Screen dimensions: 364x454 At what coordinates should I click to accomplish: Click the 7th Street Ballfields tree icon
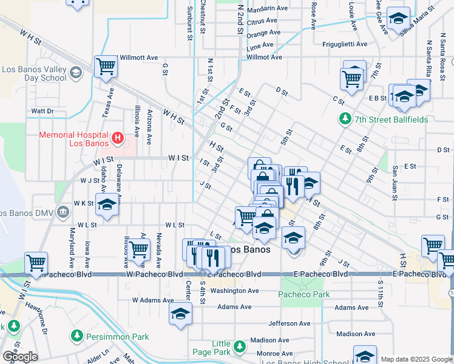pyautogui.click(x=345, y=119)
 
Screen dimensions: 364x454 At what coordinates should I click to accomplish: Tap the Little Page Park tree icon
pyautogui.click(x=240, y=346)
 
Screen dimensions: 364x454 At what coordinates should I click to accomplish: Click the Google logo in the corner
pyautogui.click(x=20, y=356)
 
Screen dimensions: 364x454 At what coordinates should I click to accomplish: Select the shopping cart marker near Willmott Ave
pyautogui.click(x=106, y=67)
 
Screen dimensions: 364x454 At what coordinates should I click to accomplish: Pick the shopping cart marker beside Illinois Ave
pyautogui.click(x=139, y=249)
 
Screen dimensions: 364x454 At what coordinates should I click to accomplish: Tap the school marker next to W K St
pyautogui.click(x=107, y=206)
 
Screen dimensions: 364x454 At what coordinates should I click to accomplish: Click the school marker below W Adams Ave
pyautogui.click(x=180, y=314)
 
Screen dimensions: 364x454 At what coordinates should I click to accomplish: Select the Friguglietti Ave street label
pyautogui.click(x=345, y=44)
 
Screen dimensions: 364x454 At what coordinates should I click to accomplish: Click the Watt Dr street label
pyautogui.click(x=42, y=112)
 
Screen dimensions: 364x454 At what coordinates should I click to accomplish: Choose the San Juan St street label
pyautogui.click(x=395, y=182)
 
